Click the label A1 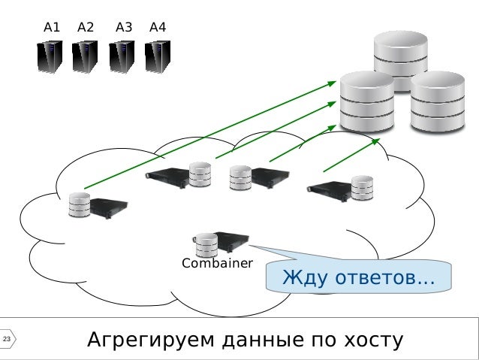52,28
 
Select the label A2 86,28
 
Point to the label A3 124,28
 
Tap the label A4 158,28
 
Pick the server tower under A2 85,56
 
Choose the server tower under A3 122,56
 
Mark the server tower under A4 157,56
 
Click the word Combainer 218,264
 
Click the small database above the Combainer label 205,244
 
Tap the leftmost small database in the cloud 80,205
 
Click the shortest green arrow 351,154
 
